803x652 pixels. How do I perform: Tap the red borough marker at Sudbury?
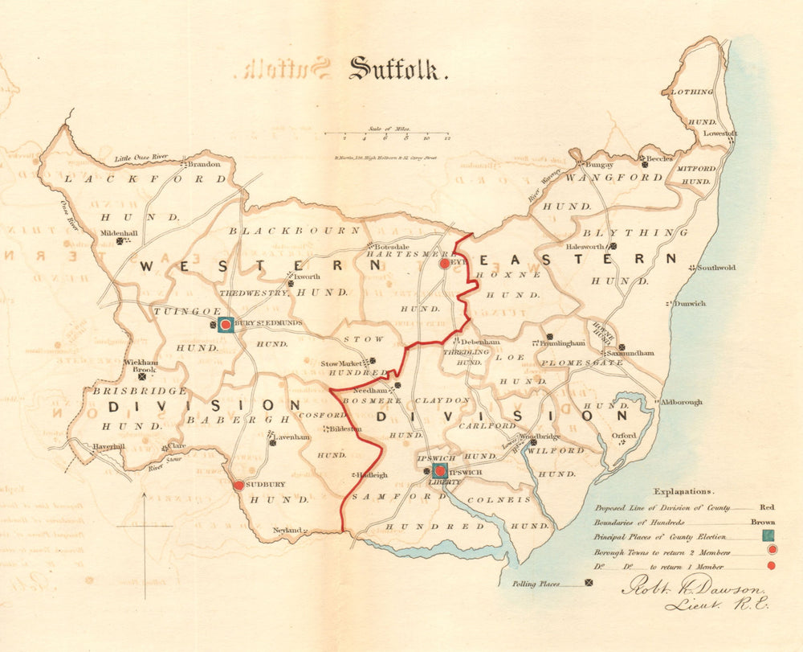(238, 486)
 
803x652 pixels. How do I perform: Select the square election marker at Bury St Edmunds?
(226, 324)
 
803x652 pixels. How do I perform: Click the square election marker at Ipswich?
(439, 470)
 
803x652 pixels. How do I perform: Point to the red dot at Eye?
(445, 263)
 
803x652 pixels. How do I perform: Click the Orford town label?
(623, 436)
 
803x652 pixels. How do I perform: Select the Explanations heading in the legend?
(683, 490)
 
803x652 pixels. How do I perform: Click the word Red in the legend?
(767, 508)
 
